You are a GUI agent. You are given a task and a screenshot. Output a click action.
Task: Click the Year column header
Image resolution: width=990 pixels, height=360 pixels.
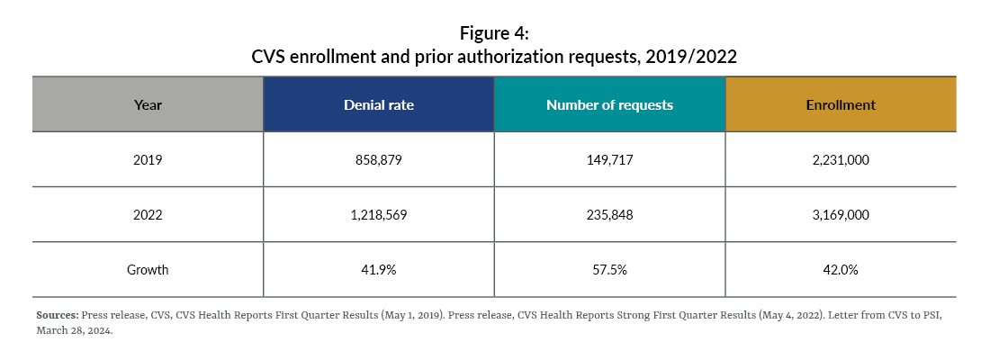(148, 104)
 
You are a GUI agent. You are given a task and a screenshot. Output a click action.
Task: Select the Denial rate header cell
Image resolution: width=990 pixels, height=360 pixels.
(378, 104)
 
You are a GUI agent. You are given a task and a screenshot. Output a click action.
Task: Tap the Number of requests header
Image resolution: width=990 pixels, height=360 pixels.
(609, 104)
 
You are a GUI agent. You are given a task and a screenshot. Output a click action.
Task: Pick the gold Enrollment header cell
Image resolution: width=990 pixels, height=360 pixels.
(841, 104)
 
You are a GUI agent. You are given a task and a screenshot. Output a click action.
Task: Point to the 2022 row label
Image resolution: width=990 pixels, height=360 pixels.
(148, 214)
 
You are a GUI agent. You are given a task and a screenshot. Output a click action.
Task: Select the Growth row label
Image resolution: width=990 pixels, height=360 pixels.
(148, 269)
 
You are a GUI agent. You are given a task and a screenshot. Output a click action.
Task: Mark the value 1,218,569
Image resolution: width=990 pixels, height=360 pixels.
(378, 214)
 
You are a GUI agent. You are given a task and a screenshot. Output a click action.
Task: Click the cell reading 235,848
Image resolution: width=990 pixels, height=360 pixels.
(609, 214)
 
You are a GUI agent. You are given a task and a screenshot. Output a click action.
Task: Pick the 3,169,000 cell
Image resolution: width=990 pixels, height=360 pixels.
(841, 214)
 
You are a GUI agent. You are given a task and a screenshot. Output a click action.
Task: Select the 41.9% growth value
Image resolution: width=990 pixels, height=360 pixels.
(378, 269)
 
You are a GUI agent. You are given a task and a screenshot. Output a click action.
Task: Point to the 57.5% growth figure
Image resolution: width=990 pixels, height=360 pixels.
(609, 269)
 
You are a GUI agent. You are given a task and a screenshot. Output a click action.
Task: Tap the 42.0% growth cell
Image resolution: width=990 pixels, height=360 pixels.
(841, 269)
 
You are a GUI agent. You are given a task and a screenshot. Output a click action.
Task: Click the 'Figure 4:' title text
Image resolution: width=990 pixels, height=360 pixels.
(494, 33)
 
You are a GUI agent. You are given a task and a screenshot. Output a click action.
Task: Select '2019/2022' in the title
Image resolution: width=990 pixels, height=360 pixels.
(693, 57)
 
